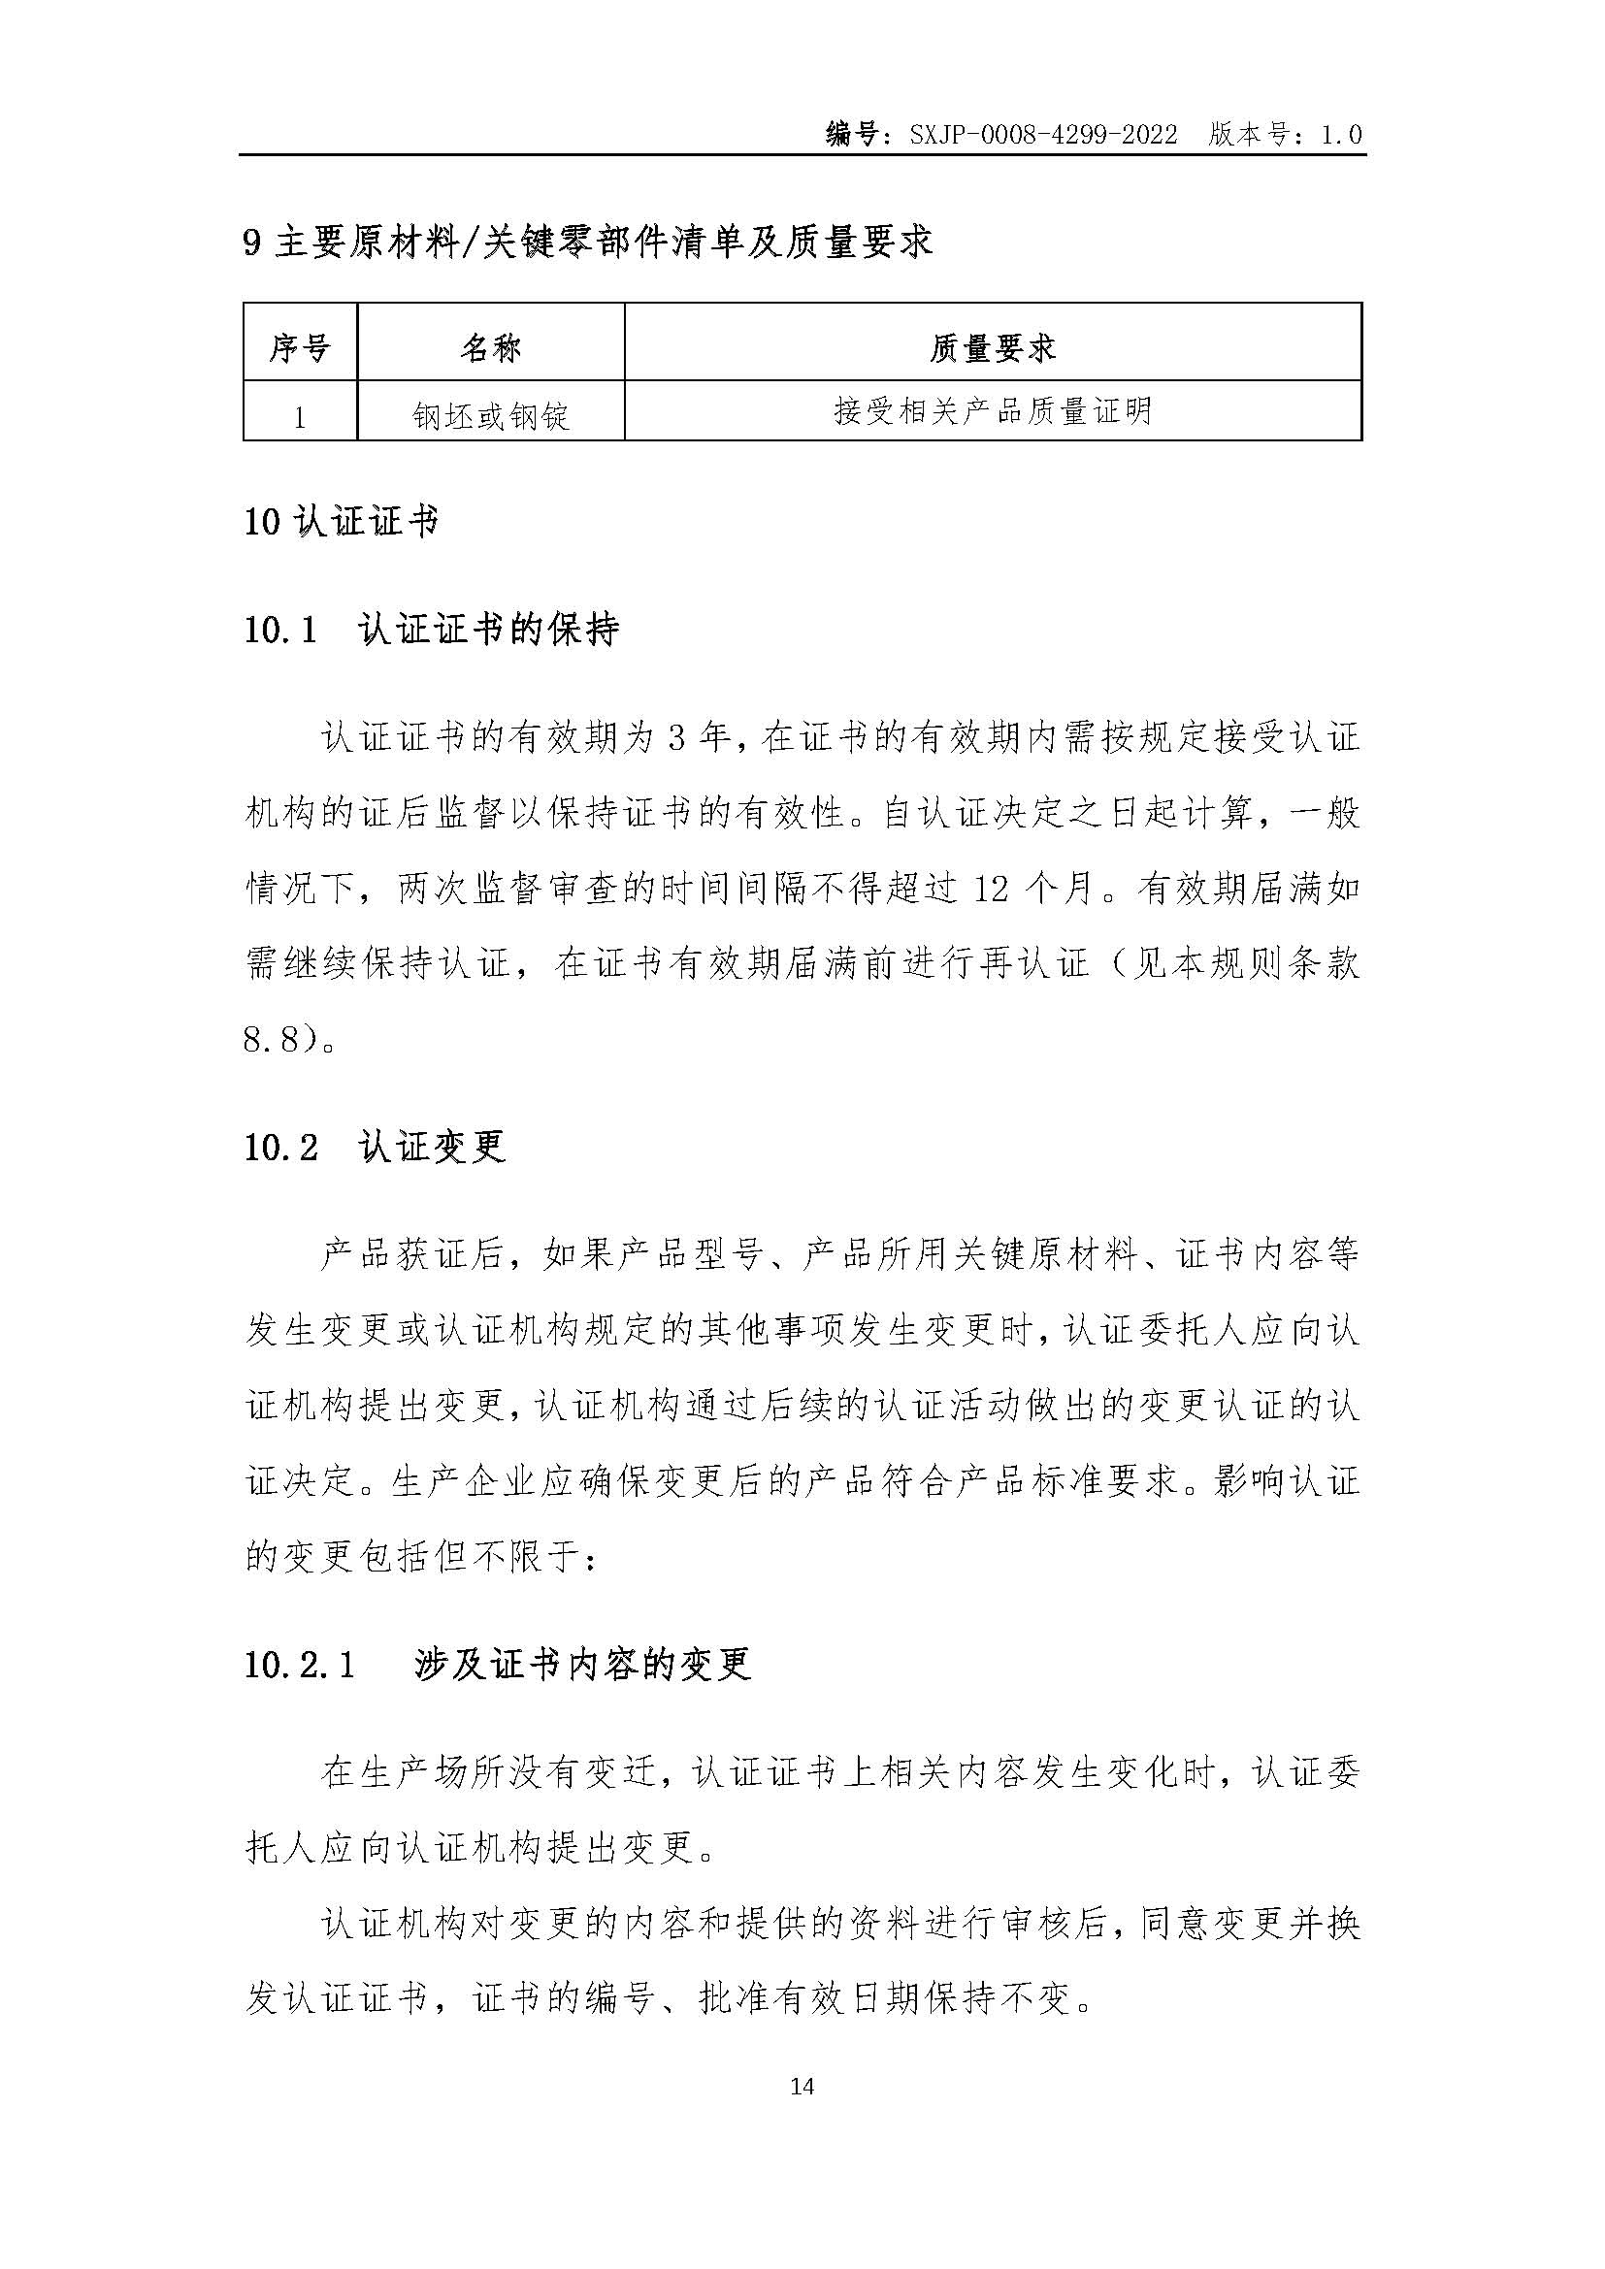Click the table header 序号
click(300, 347)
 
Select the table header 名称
click(490, 347)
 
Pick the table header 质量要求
click(993, 347)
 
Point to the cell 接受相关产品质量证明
click(993, 411)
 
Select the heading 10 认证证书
click(341, 522)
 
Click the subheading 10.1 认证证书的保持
click(431, 630)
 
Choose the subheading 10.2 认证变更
click(376, 1147)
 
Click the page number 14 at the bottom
click(802, 2087)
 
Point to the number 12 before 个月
click(992, 890)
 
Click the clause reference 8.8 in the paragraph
click(270, 1039)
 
